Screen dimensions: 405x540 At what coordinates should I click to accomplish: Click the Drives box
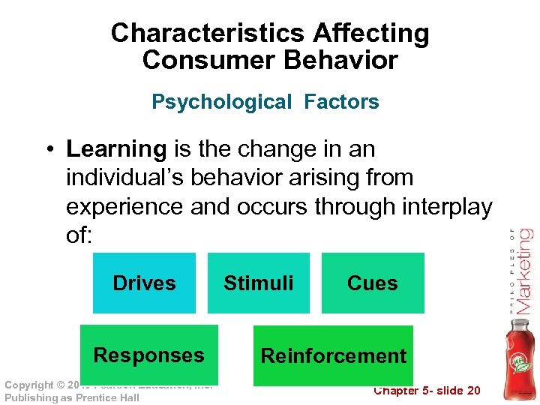[x=144, y=283]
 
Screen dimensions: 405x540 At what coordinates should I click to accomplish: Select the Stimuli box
[x=259, y=283]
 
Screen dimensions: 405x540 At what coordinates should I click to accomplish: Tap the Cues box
[x=373, y=283]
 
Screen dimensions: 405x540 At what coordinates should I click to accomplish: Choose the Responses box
[x=148, y=355]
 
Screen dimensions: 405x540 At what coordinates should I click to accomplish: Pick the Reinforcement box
[x=333, y=355]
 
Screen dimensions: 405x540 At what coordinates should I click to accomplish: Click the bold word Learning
[x=116, y=149]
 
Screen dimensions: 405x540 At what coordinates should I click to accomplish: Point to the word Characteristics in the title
[x=208, y=34]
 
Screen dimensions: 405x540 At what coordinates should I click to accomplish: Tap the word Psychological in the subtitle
[x=221, y=102]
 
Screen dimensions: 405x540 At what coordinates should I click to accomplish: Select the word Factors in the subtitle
[x=342, y=102]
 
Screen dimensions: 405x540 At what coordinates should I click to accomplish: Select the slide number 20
[x=472, y=391]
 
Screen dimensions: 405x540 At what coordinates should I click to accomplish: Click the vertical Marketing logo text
[x=523, y=271]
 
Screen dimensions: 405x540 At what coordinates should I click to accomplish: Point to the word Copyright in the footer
[x=29, y=385]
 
